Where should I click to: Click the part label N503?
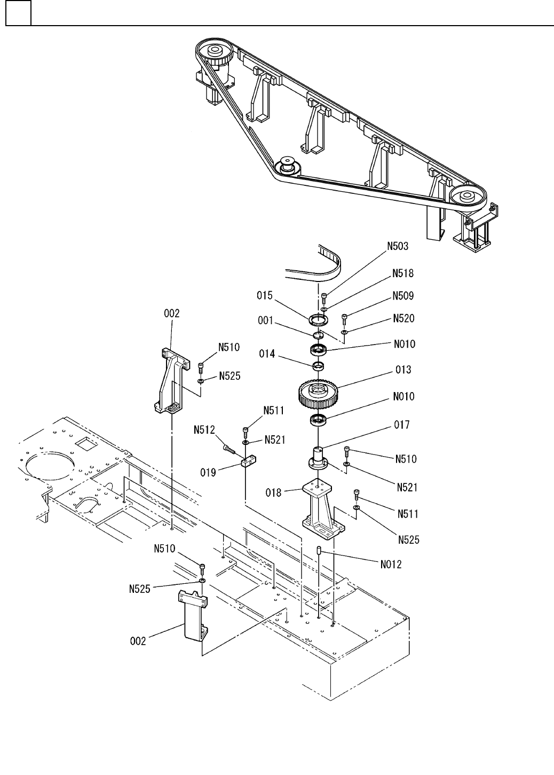coord(398,246)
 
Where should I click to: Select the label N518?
coord(403,273)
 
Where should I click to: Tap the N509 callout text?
coord(403,296)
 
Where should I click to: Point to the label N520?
coord(403,318)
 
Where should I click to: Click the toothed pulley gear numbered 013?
coord(318,394)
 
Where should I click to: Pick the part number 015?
coord(265,295)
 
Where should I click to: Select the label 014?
coord(267,354)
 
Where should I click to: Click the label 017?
coord(402,425)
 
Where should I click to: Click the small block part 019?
coord(248,461)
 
